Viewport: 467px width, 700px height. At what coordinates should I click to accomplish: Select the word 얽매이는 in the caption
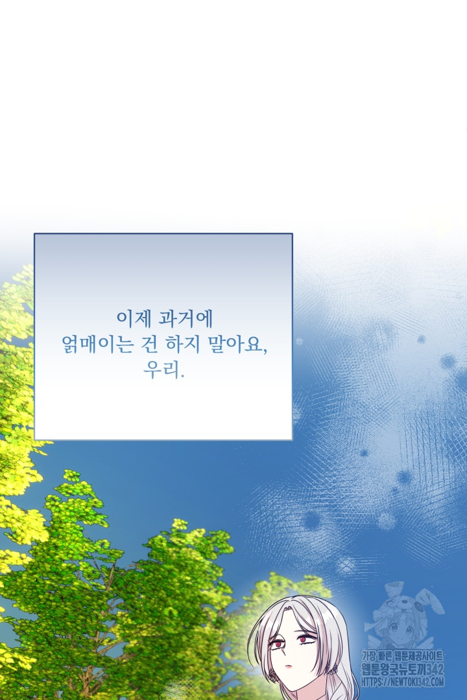click(97, 344)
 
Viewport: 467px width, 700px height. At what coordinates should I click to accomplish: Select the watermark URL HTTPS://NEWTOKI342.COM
click(402, 682)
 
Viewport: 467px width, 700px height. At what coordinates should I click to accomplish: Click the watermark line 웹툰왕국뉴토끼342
click(402, 669)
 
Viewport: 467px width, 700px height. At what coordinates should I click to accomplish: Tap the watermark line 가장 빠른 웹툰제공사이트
click(402, 656)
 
